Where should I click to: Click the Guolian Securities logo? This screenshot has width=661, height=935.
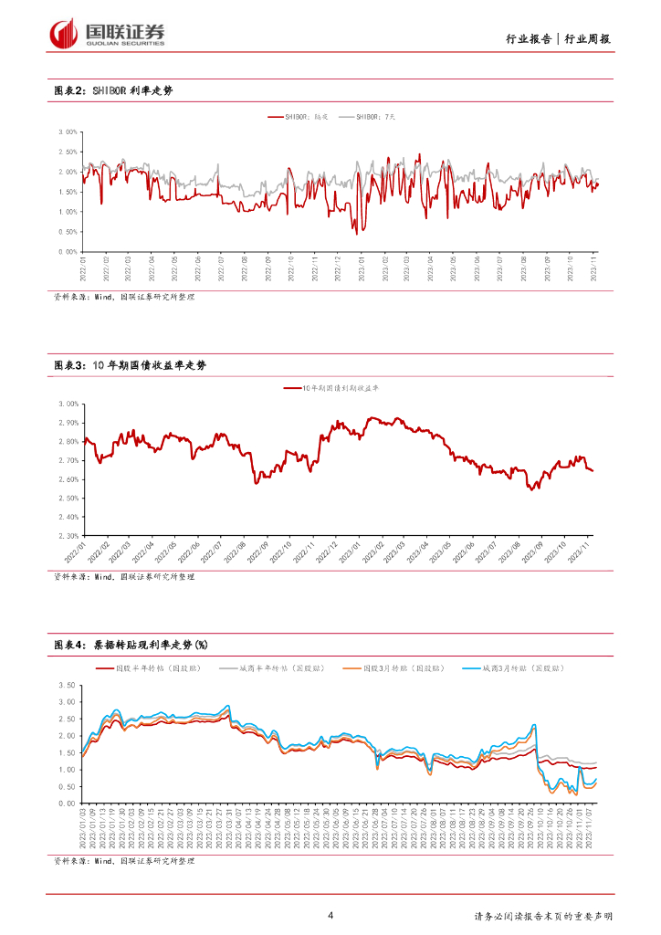[x=107, y=33]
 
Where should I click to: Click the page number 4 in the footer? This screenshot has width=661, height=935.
[x=330, y=916]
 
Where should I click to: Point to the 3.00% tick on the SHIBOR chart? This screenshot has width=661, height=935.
[x=66, y=131]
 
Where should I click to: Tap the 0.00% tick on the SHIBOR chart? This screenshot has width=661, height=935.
[x=66, y=251]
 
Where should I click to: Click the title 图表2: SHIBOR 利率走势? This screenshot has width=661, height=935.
[x=113, y=90]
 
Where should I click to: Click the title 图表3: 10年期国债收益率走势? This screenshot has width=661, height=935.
[x=131, y=365]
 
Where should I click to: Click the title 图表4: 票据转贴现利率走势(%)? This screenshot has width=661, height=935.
[x=131, y=645]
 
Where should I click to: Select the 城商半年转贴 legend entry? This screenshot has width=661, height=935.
[x=279, y=668]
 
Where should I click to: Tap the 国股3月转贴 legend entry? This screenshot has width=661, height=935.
[x=402, y=668]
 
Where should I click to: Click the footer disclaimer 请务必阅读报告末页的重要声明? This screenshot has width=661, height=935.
[x=544, y=917]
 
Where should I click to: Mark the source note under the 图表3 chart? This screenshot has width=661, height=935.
[x=123, y=576]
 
